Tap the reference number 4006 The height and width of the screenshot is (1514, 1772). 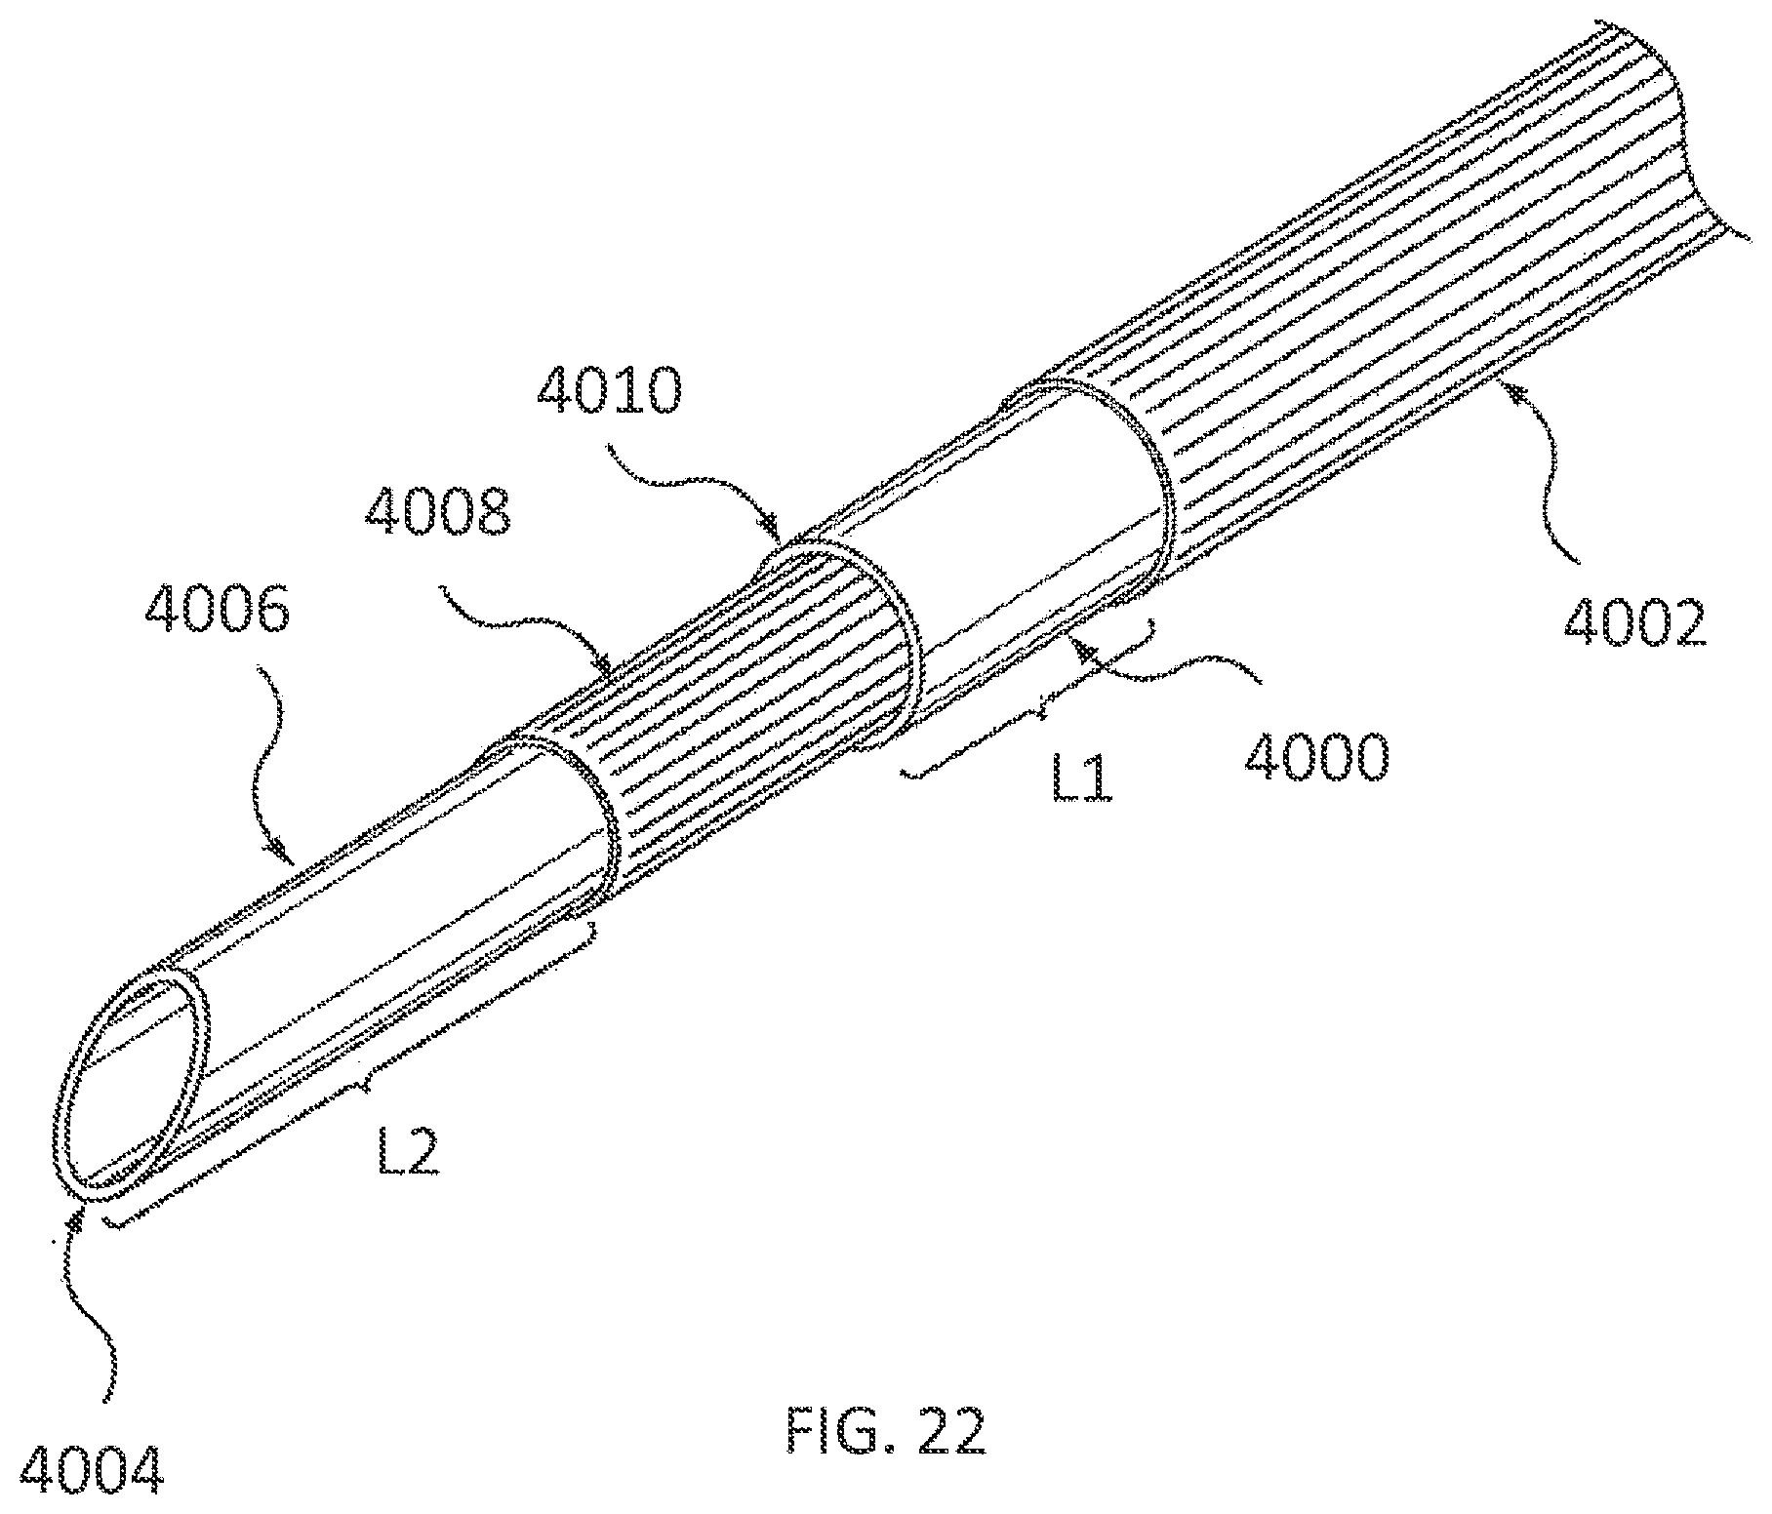coord(217,613)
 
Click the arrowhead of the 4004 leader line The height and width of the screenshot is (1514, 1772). coord(75,1220)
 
